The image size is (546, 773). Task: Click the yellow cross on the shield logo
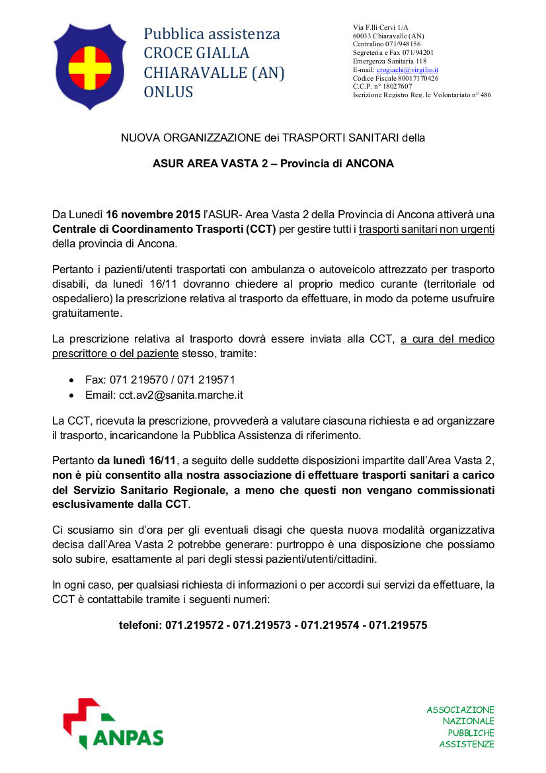(x=90, y=65)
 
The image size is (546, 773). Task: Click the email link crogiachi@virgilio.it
(x=408, y=69)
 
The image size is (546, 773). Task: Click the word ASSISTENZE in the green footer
(x=467, y=745)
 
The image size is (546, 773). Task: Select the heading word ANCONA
(x=366, y=163)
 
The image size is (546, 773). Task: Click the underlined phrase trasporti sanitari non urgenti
(x=426, y=229)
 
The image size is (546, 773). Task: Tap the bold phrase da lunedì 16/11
(x=137, y=461)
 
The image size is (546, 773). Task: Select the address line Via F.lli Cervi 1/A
(x=380, y=26)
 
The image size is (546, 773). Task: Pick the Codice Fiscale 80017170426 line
(x=395, y=78)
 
